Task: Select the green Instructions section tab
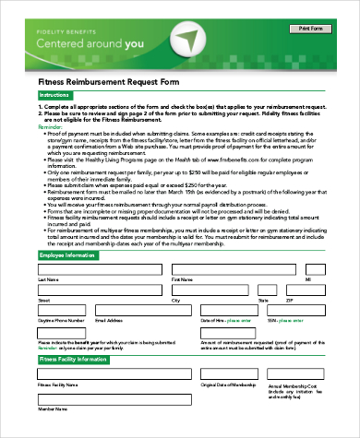pos(54,95)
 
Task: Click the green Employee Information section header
pos(69,255)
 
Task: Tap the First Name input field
pos(234,269)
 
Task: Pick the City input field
pos(211,291)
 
